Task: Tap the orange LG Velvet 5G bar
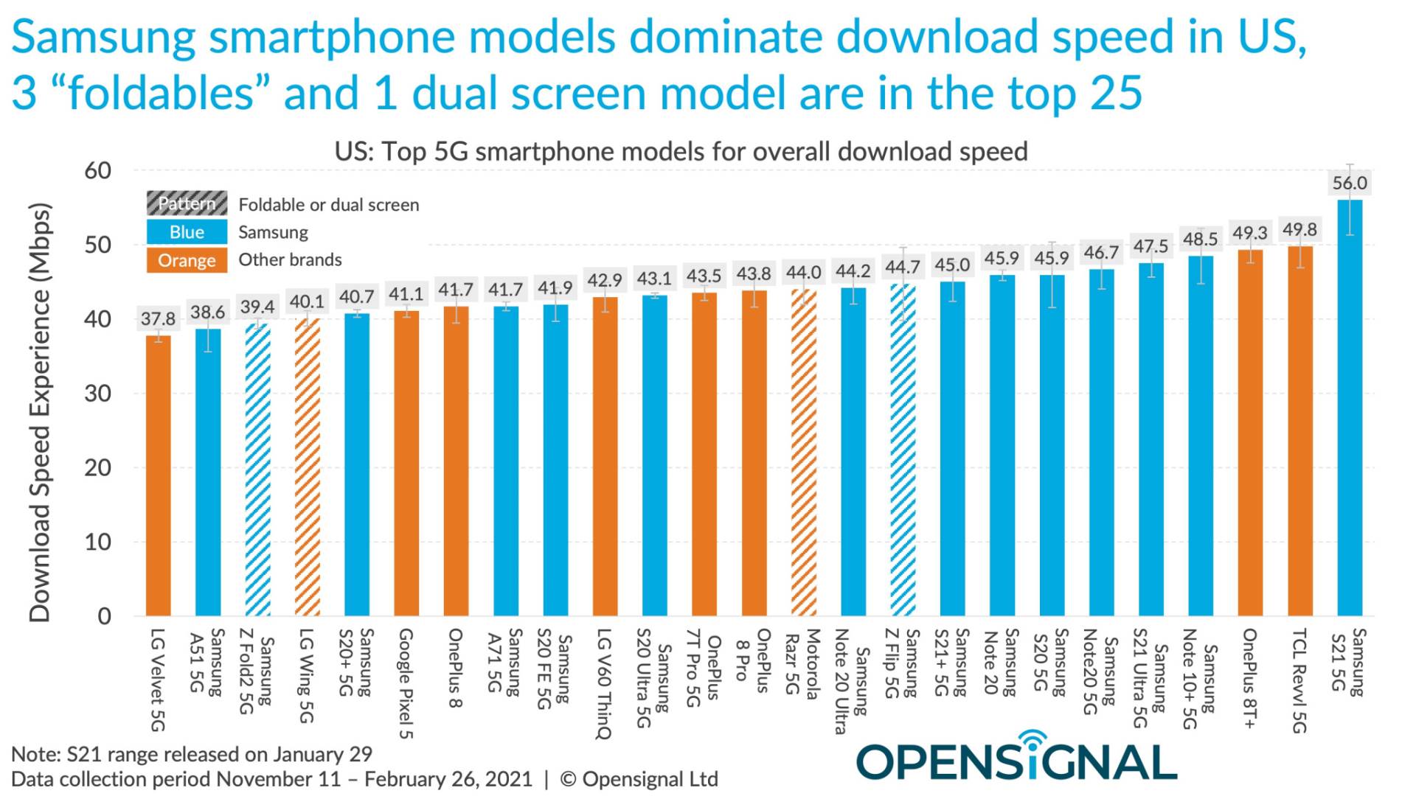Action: (158, 475)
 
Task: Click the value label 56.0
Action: (1350, 183)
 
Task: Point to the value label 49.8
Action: (1299, 230)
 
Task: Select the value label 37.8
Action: (158, 319)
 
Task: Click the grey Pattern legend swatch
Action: (187, 204)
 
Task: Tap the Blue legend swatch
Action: (187, 232)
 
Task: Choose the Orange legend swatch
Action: (187, 260)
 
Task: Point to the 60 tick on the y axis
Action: (97, 171)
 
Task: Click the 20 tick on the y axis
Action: (97, 468)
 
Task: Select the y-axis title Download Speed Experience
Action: (40, 413)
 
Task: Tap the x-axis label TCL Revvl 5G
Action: (1299, 680)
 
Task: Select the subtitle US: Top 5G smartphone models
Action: (681, 152)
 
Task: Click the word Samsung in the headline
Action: (103, 37)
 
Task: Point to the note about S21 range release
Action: (192, 755)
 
